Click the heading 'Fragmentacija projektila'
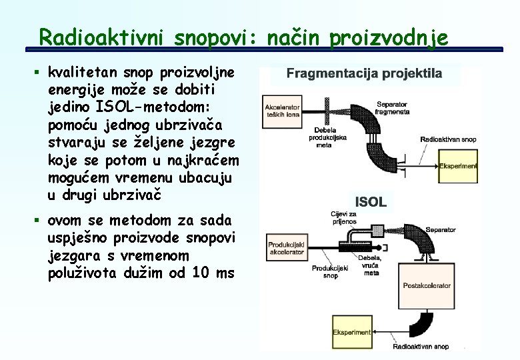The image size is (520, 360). pos(364,73)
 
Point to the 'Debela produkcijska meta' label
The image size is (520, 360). pos(324,136)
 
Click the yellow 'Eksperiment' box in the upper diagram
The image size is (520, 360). pos(459,165)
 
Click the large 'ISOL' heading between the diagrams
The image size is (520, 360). pos(371,201)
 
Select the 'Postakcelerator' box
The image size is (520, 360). pos(427,285)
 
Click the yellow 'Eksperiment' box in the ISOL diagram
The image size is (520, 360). pos(352,332)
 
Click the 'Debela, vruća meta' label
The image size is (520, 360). pos(371,265)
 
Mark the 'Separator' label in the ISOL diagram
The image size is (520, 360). pos(441,229)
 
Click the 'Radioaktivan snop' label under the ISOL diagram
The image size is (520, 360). pos(421,346)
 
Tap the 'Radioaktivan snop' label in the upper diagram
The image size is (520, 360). pos(448,139)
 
